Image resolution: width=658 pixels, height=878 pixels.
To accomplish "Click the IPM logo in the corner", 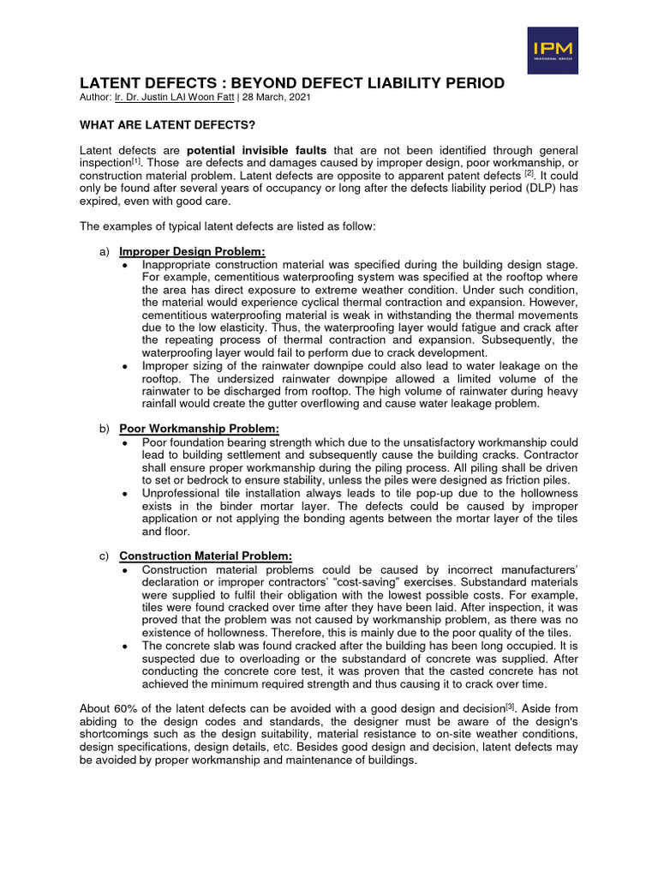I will pos(553,51).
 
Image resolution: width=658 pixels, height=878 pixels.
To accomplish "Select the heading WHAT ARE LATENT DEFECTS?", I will pos(156,124).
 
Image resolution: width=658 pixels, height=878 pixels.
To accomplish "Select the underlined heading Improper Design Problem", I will pos(192,251).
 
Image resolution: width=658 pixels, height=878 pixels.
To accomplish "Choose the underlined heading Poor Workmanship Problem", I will pos(199,429).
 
